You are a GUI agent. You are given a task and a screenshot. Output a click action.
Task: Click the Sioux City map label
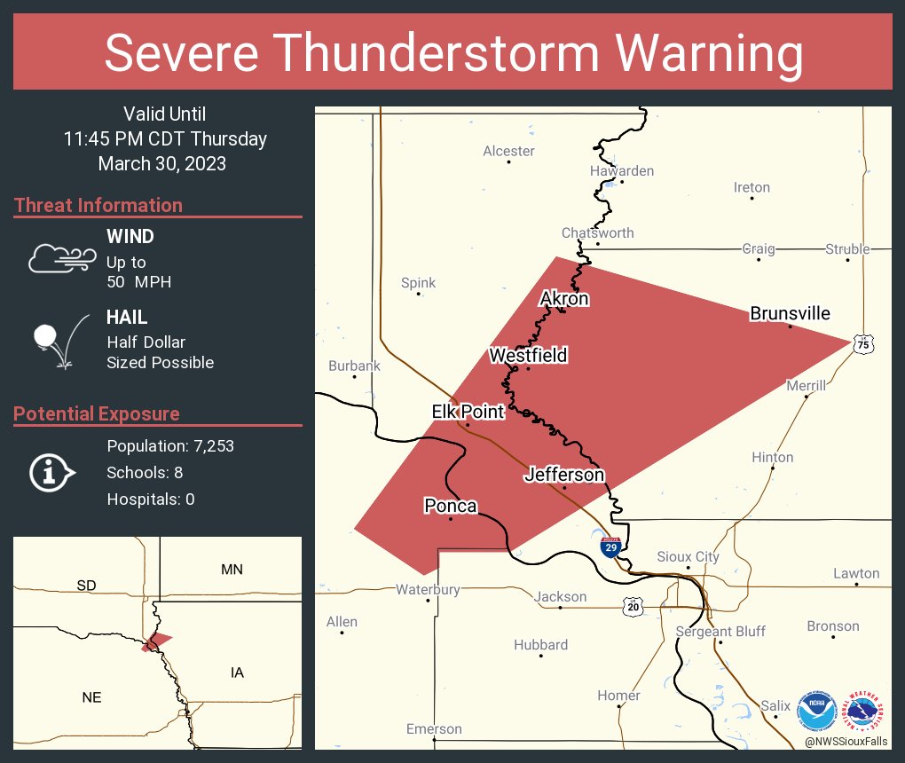tap(688, 556)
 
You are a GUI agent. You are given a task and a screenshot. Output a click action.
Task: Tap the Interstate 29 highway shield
tap(610, 547)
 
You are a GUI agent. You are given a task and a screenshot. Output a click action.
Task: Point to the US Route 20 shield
tap(632, 606)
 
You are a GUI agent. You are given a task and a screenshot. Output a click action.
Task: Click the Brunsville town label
tap(790, 313)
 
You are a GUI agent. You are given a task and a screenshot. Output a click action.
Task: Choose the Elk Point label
tap(468, 412)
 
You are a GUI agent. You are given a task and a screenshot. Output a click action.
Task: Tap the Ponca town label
tap(450, 506)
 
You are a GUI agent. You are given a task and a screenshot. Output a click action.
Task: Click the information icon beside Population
tap(51, 472)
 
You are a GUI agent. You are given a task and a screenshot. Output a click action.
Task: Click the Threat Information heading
tap(98, 205)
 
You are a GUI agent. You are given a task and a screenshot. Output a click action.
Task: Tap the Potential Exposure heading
tap(97, 413)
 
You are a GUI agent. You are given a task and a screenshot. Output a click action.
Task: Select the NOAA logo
tap(816, 710)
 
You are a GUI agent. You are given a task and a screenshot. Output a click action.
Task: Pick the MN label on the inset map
tap(232, 569)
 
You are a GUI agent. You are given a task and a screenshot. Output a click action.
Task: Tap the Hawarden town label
tap(621, 170)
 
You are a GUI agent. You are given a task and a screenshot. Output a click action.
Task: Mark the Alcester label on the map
tap(508, 151)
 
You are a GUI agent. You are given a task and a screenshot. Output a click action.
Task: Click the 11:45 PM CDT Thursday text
tap(165, 138)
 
